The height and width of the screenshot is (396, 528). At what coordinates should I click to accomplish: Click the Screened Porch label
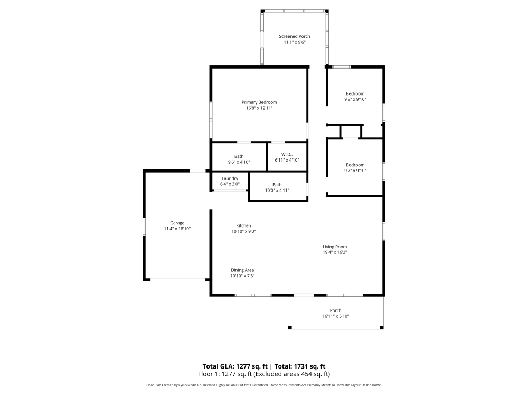pyautogui.click(x=295, y=36)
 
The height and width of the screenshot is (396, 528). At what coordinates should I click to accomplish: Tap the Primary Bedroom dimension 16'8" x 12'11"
pyautogui.click(x=259, y=108)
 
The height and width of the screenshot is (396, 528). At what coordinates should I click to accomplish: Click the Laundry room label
pyautogui.click(x=230, y=178)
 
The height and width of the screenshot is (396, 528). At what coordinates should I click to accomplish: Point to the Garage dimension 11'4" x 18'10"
pyautogui.click(x=177, y=229)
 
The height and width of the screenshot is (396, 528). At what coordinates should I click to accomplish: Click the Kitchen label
pyautogui.click(x=243, y=225)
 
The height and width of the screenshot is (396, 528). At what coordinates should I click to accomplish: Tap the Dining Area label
pyautogui.click(x=242, y=270)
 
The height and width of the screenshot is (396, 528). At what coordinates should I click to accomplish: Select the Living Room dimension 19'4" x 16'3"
pyautogui.click(x=335, y=252)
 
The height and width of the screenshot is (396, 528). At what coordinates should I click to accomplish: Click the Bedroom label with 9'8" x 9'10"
pyautogui.click(x=355, y=93)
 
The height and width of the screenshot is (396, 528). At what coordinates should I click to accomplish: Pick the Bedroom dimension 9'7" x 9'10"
pyautogui.click(x=355, y=171)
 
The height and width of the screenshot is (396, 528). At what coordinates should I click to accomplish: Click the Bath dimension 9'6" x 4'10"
pyautogui.click(x=239, y=162)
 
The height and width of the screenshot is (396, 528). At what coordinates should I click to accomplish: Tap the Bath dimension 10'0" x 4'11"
pyautogui.click(x=277, y=190)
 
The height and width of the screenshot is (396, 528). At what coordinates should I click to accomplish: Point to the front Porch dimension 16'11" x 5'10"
pyautogui.click(x=335, y=316)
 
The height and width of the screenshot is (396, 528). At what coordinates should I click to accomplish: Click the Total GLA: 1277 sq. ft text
pyautogui.click(x=235, y=366)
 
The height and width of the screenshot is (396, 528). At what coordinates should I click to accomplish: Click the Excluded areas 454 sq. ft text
pyautogui.click(x=296, y=374)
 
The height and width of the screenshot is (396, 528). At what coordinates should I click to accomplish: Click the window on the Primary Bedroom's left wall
pyautogui.click(x=211, y=119)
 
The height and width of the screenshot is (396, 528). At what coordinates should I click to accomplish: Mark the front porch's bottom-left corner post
pyautogui.click(x=290, y=328)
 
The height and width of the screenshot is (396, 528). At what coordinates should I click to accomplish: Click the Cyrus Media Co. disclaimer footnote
pyautogui.click(x=264, y=385)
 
